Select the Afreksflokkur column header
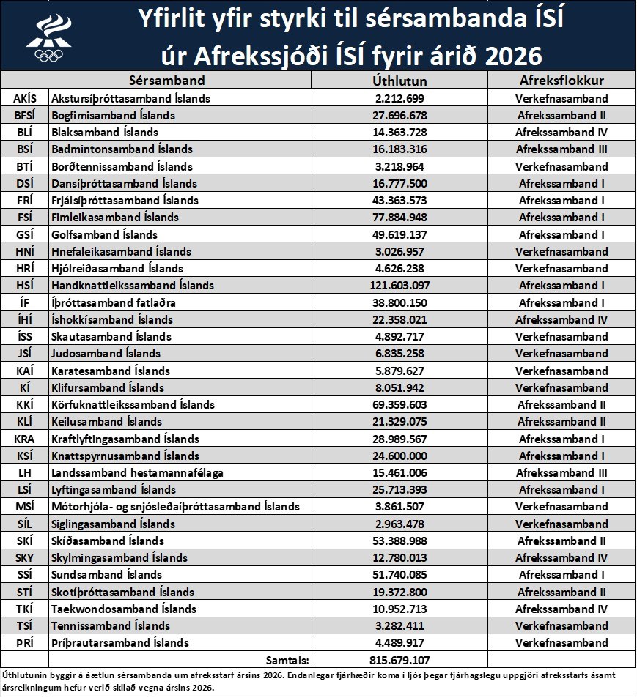[562, 81]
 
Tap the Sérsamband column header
[166, 81]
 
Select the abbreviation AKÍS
[25, 98]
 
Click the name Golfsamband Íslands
[104, 234]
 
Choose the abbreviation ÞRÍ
[25, 643]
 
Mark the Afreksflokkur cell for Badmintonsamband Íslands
[562, 149]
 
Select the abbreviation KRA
[25, 439]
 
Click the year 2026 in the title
[505, 55]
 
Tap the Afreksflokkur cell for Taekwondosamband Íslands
[562, 609]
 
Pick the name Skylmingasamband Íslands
[119, 558]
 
